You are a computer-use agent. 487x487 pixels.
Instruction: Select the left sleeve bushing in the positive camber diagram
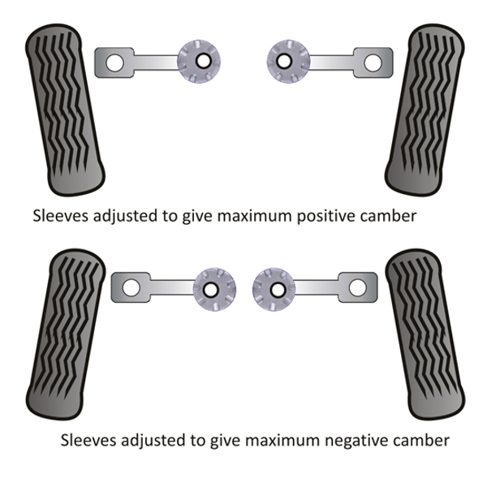coord(198,60)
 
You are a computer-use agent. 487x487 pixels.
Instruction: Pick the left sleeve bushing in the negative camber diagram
coord(213,288)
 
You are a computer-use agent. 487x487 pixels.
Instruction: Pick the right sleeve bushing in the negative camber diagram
coord(274,288)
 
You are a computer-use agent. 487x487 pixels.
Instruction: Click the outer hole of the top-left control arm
coord(114,62)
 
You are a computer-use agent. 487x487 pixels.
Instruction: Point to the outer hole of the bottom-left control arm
coord(130,287)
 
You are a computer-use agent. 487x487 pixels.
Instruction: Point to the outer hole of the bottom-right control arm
coord(357,287)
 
